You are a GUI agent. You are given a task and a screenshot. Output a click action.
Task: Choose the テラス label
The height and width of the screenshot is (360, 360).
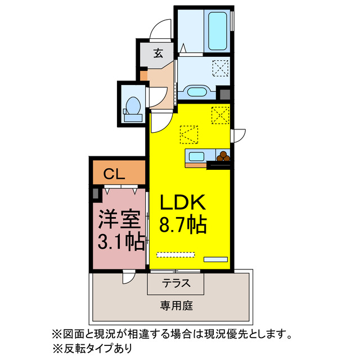[176, 283]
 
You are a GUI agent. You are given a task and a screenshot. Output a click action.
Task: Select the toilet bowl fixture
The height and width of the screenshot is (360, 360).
[133, 106]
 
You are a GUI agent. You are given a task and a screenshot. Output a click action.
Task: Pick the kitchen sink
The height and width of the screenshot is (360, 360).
[196, 157]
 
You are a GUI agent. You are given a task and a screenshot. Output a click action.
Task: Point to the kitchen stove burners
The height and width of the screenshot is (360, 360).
[223, 156]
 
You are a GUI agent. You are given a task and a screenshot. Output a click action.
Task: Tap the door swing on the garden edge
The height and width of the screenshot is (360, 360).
[129, 277]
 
